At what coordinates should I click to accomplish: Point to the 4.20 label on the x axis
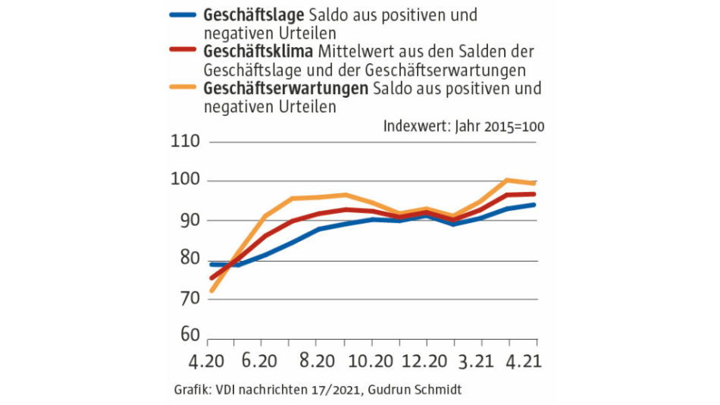tap(208, 359)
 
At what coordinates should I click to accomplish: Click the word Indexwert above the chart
tap(416, 126)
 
